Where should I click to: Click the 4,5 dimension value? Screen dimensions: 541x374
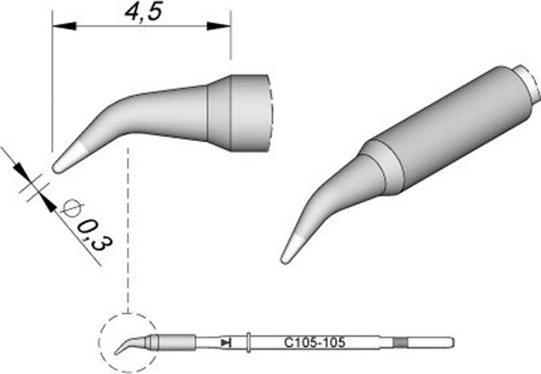point(144,13)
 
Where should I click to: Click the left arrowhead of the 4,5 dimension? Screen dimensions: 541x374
point(64,26)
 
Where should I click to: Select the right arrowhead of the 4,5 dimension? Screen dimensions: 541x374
point(219,26)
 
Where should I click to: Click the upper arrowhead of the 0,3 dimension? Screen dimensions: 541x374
point(20,169)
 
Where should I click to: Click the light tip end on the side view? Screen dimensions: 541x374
point(68,158)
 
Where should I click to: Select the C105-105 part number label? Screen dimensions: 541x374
point(314,342)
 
